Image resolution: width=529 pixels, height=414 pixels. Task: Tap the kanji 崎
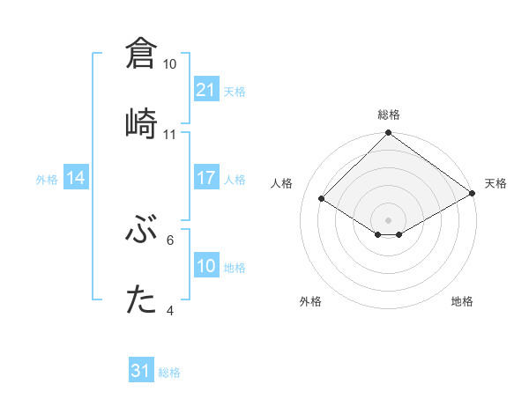(x=142, y=122)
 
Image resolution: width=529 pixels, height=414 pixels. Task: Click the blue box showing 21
(x=206, y=90)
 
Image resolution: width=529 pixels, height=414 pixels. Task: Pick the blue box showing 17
(x=206, y=178)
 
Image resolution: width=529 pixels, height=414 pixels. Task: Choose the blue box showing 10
(x=206, y=266)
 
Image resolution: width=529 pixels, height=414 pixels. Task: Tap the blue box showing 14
(x=76, y=178)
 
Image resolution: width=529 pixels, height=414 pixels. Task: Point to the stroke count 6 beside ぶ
(x=170, y=240)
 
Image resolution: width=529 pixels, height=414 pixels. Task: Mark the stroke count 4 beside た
(x=170, y=310)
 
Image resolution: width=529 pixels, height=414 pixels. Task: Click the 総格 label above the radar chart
(x=388, y=115)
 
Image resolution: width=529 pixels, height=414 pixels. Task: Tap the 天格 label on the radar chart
(x=495, y=183)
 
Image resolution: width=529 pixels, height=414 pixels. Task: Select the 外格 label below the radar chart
(x=310, y=301)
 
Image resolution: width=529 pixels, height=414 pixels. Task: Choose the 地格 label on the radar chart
(x=462, y=301)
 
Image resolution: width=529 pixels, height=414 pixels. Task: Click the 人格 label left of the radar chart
(x=282, y=183)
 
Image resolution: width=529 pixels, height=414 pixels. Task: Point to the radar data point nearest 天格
(x=473, y=195)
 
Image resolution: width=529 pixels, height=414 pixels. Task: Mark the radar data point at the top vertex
(x=388, y=134)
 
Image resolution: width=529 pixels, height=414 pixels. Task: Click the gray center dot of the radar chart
(x=388, y=219)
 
